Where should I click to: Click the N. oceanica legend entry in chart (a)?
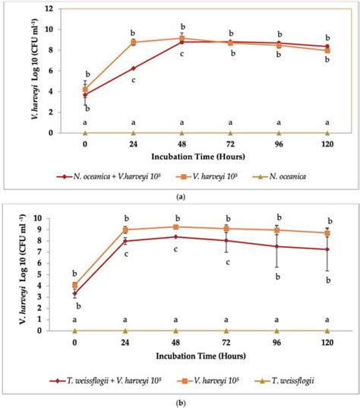(279, 177)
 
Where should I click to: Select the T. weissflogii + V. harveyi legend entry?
(105, 381)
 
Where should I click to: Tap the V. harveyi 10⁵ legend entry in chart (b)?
(207, 381)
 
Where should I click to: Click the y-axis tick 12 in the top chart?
(49, 9)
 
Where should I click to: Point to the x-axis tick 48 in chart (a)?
(182, 144)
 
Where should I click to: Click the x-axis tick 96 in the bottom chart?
(276, 343)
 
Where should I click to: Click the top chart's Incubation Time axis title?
(198, 157)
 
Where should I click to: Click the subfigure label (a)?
(181, 198)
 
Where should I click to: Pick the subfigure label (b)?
(181, 403)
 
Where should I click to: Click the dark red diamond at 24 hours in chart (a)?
(134, 68)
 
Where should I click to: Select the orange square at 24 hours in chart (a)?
(134, 43)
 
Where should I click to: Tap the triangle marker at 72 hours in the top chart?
(230, 133)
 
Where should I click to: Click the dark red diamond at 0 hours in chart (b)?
(74, 293)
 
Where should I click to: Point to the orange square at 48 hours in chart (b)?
(176, 227)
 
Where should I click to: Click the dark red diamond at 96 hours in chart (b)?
(277, 246)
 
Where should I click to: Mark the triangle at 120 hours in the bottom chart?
(327, 331)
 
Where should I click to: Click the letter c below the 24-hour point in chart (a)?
(134, 80)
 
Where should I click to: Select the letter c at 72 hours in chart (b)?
(228, 262)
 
